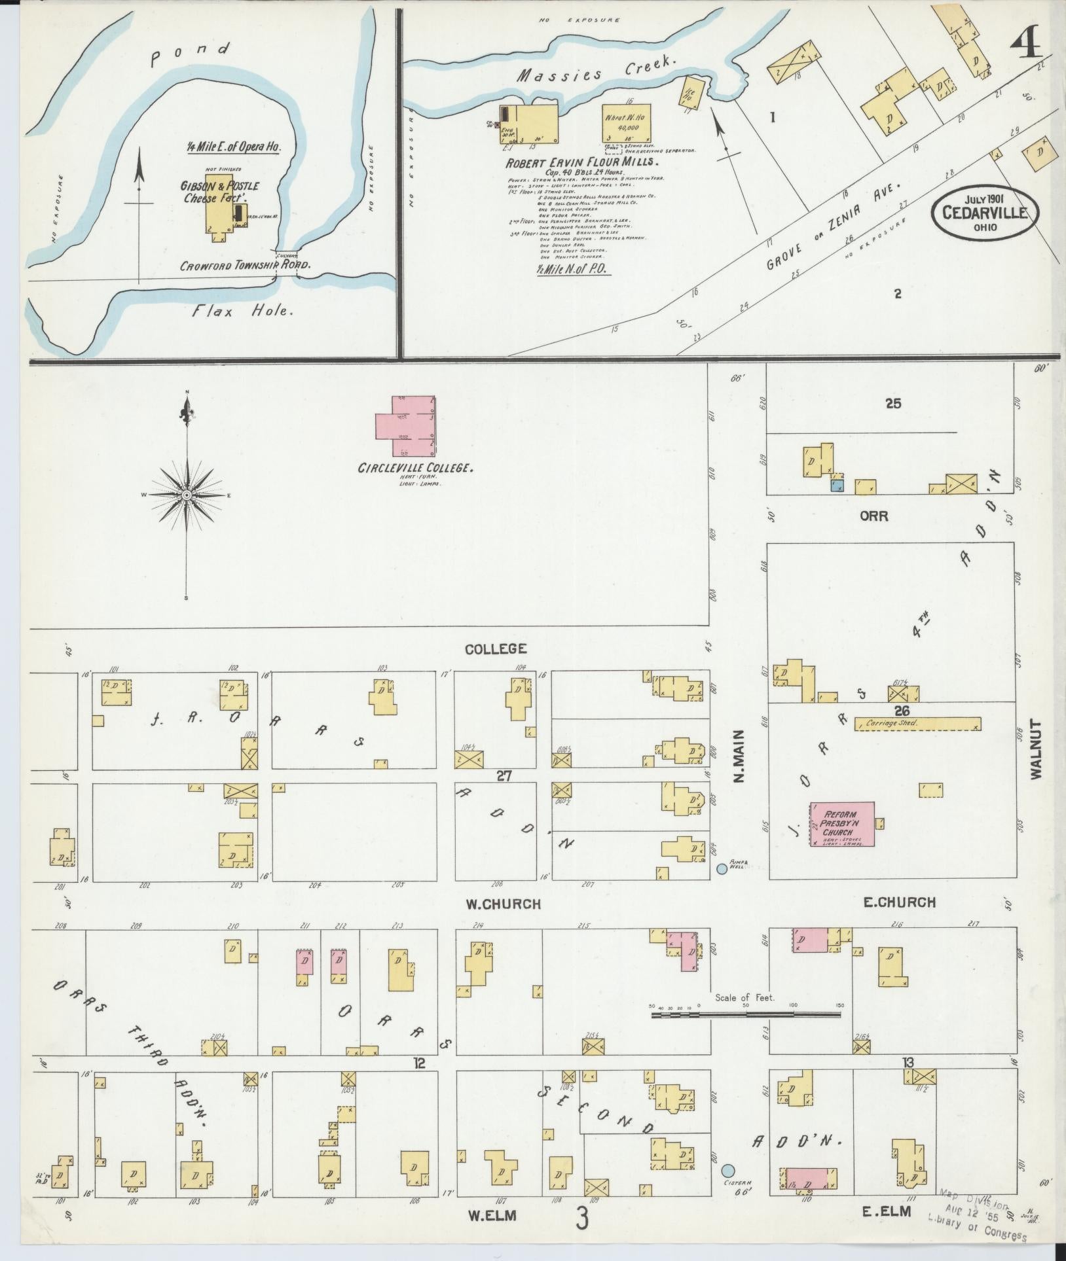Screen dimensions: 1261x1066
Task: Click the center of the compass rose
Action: [187, 495]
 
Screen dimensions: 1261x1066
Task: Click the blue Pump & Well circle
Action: [722, 868]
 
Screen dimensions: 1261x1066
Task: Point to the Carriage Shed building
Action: [917, 724]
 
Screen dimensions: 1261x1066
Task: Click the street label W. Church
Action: [503, 904]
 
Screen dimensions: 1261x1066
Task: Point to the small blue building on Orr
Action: [836, 485]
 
